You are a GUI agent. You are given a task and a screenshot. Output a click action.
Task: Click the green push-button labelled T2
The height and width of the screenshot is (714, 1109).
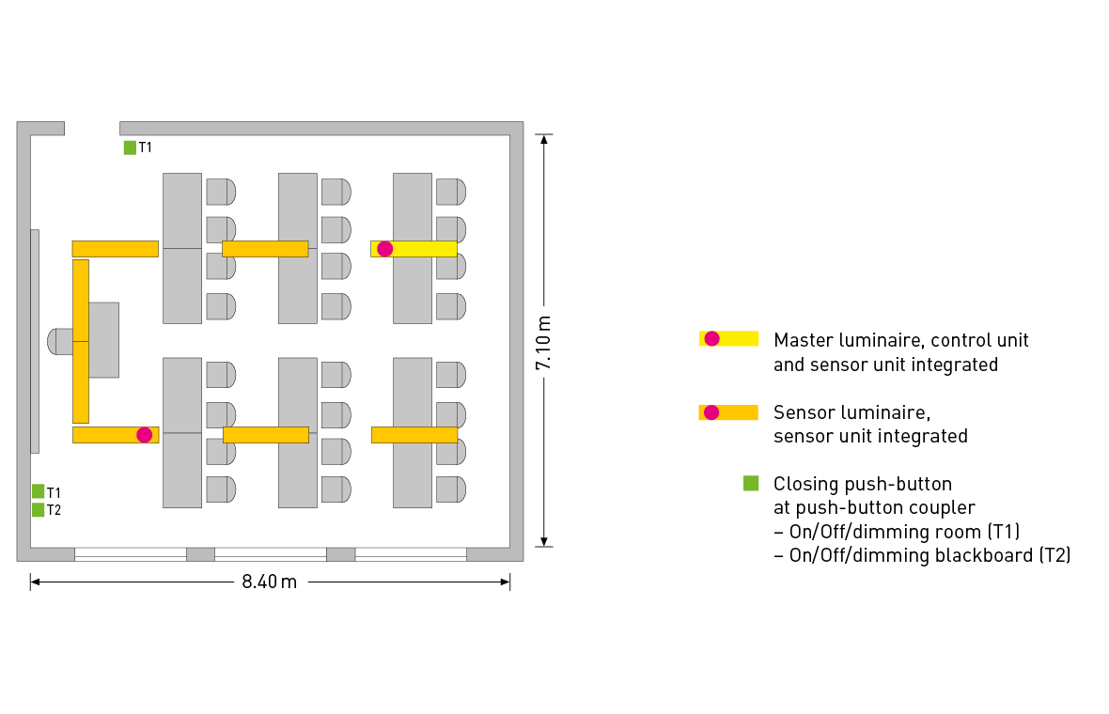[x=39, y=510]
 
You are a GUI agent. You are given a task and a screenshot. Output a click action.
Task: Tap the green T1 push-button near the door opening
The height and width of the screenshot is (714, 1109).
[x=130, y=147]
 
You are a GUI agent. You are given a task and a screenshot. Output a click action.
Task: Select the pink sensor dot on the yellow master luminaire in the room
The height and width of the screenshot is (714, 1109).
[x=384, y=248]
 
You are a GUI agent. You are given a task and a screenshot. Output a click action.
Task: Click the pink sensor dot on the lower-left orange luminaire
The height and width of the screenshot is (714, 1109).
[x=144, y=434]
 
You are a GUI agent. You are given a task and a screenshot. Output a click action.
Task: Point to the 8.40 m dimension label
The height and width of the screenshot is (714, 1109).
[x=269, y=582]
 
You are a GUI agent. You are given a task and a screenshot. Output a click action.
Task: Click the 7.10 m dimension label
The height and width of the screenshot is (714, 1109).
[x=544, y=342]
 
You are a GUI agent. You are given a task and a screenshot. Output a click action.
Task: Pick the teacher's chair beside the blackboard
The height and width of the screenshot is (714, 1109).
[x=60, y=341]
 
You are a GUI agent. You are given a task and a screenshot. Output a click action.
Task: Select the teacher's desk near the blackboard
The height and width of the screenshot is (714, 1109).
[x=103, y=340]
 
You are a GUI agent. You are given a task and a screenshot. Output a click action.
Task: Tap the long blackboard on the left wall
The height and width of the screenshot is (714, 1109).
[x=35, y=340]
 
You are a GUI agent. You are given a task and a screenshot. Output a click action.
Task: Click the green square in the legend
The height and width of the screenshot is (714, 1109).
[x=751, y=484]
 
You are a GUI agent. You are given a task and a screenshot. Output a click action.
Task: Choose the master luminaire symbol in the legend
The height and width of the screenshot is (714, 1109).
[x=728, y=338]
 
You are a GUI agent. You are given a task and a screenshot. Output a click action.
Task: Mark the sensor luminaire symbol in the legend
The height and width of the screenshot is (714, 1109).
[x=728, y=411]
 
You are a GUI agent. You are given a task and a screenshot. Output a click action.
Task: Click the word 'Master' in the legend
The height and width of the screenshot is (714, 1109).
[x=800, y=340]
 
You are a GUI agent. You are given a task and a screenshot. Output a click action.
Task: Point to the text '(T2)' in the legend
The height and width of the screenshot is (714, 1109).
[x=1054, y=555]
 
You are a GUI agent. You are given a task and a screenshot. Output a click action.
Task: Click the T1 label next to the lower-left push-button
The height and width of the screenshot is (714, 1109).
[x=54, y=492]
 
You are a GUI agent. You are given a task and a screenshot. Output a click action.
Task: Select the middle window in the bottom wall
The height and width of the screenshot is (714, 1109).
[x=271, y=554]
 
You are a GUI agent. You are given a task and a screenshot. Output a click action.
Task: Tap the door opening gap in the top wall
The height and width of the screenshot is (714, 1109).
[x=92, y=129]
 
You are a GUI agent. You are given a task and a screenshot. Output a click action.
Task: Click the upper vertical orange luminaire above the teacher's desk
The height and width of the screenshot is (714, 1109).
[x=81, y=300]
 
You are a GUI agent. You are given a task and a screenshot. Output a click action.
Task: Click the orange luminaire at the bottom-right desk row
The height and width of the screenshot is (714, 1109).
[x=414, y=435]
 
